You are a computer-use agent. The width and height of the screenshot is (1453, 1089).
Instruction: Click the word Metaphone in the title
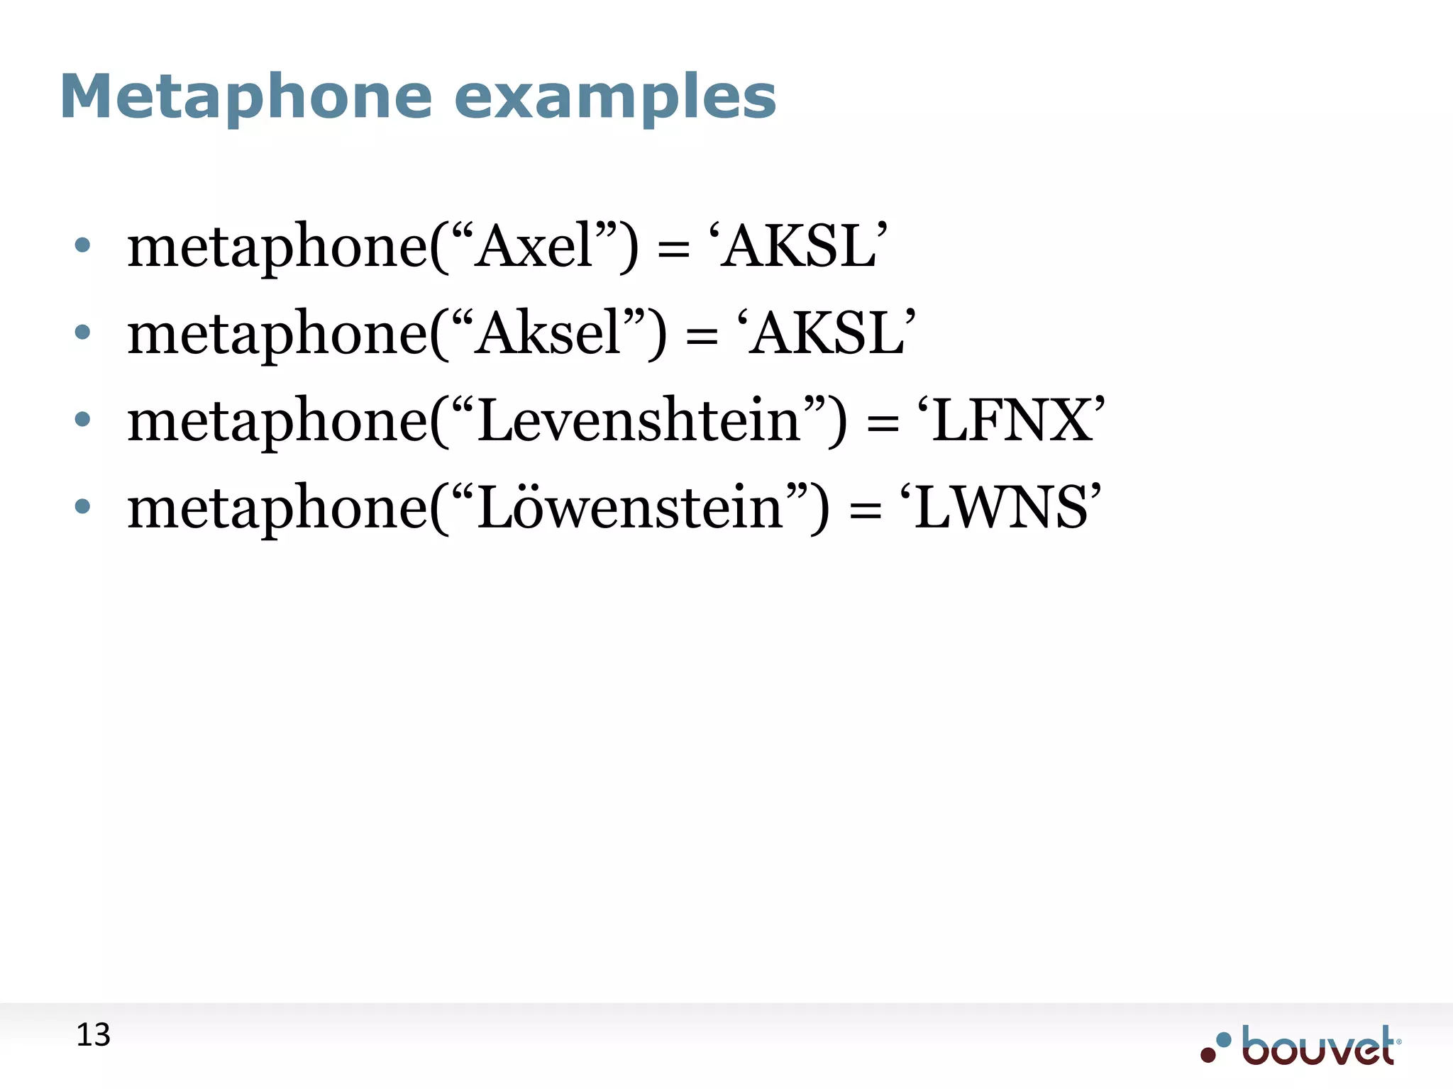pyautogui.click(x=245, y=96)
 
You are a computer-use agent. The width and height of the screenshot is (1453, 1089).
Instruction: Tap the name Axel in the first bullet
pyautogui.click(x=534, y=246)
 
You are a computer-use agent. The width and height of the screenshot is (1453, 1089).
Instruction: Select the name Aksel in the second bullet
pyautogui.click(x=548, y=333)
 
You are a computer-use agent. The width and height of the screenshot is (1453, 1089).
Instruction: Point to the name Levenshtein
pyautogui.click(x=639, y=420)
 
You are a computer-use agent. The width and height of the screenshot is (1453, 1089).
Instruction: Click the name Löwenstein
pyautogui.click(x=629, y=508)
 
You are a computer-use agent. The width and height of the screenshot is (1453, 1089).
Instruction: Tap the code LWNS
pyautogui.click(x=1000, y=508)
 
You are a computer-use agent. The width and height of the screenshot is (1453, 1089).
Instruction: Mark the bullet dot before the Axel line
pyautogui.click(x=83, y=245)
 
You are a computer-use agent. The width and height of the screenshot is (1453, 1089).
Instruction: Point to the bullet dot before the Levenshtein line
pyautogui.click(x=83, y=420)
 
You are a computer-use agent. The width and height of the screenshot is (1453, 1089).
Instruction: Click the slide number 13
pyautogui.click(x=93, y=1035)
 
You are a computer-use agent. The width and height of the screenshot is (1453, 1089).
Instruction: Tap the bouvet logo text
pyautogui.click(x=1318, y=1046)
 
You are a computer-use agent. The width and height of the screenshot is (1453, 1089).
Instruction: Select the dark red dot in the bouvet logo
pyautogui.click(x=1208, y=1055)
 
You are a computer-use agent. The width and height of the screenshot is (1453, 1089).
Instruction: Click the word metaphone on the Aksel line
pyautogui.click(x=277, y=335)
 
